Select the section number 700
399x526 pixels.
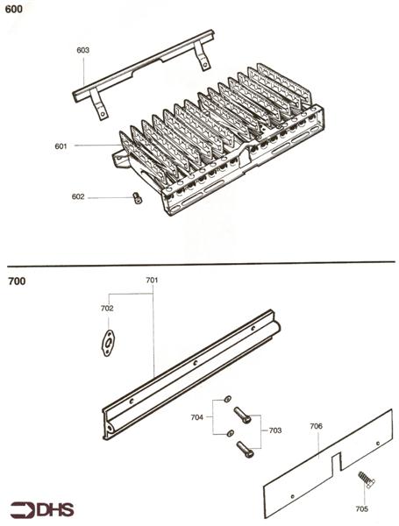[x=17, y=282]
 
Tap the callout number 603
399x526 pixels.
[x=83, y=51]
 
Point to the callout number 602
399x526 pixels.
[x=79, y=197]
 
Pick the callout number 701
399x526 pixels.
[x=152, y=281]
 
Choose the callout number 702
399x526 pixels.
[x=107, y=309]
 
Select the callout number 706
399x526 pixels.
[x=316, y=425]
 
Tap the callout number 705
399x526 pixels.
[x=362, y=508]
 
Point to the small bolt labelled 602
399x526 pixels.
[x=137, y=199]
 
